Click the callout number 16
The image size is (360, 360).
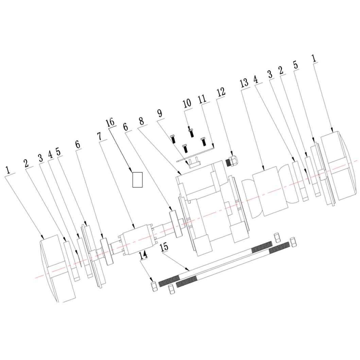coord(110,122)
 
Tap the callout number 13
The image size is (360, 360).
coord(244,83)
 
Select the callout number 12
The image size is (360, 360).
coord(221,92)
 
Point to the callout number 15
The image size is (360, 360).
coord(164,247)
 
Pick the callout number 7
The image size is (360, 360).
coord(100,136)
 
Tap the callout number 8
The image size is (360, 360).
coord(141,121)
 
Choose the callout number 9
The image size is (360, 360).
coord(159,113)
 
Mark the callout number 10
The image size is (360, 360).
coord(187,103)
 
